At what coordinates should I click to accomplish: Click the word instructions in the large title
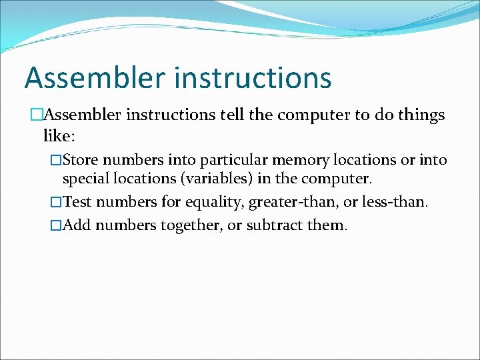click(x=253, y=78)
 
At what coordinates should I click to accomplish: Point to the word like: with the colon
click(x=59, y=137)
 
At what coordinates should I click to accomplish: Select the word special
click(x=87, y=179)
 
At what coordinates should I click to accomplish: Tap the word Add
click(x=77, y=225)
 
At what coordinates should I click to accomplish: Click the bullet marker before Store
click(x=57, y=161)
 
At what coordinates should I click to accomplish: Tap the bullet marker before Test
click(x=57, y=202)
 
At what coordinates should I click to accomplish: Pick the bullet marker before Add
click(x=57, y=225)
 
